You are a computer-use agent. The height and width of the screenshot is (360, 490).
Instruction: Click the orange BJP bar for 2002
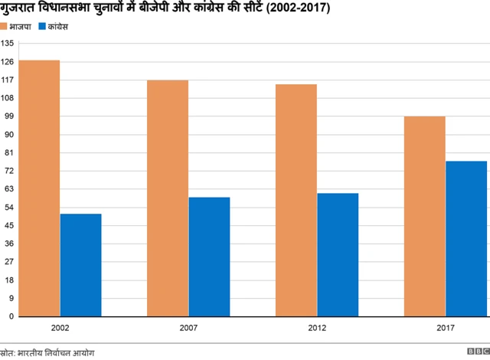point(39,188)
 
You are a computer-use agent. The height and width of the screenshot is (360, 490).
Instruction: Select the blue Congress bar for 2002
point(80,264)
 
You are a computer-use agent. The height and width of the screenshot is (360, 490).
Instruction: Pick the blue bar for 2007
point(209,257)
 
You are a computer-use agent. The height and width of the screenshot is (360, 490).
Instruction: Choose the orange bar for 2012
point(296,200)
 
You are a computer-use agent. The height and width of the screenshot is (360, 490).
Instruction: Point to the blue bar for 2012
point(338,254)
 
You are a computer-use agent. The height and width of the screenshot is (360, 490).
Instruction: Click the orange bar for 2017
point(425,216)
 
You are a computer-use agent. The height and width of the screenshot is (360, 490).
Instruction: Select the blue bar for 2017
point(466,238)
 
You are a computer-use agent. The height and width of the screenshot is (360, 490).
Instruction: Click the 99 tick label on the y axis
point(9,116)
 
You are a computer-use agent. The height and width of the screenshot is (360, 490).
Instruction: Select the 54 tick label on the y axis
point(9,208)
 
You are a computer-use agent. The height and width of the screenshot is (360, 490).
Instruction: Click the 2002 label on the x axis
point(60,327)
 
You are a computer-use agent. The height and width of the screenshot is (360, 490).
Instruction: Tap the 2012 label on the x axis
point(317,327)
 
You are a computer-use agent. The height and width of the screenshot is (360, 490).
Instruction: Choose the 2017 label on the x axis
point(445,327)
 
